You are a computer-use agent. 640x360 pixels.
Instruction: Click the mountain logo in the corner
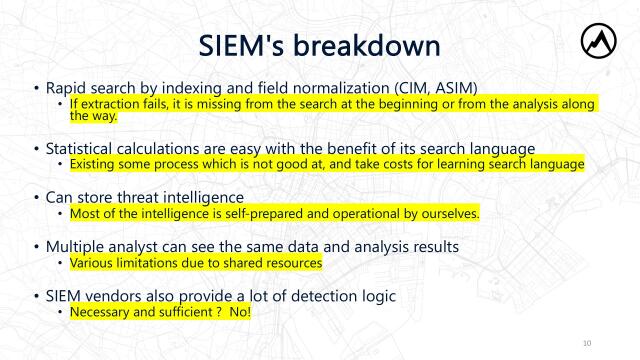pyautogui.click(x=599, y=41)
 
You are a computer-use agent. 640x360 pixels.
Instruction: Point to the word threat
pyautogui.click(x=143, y=197)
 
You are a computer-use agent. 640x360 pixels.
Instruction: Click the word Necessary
pyautogui.click(x=100, y=312)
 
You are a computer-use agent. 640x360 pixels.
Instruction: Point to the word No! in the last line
pyautogui.click(x=238, y=312)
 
